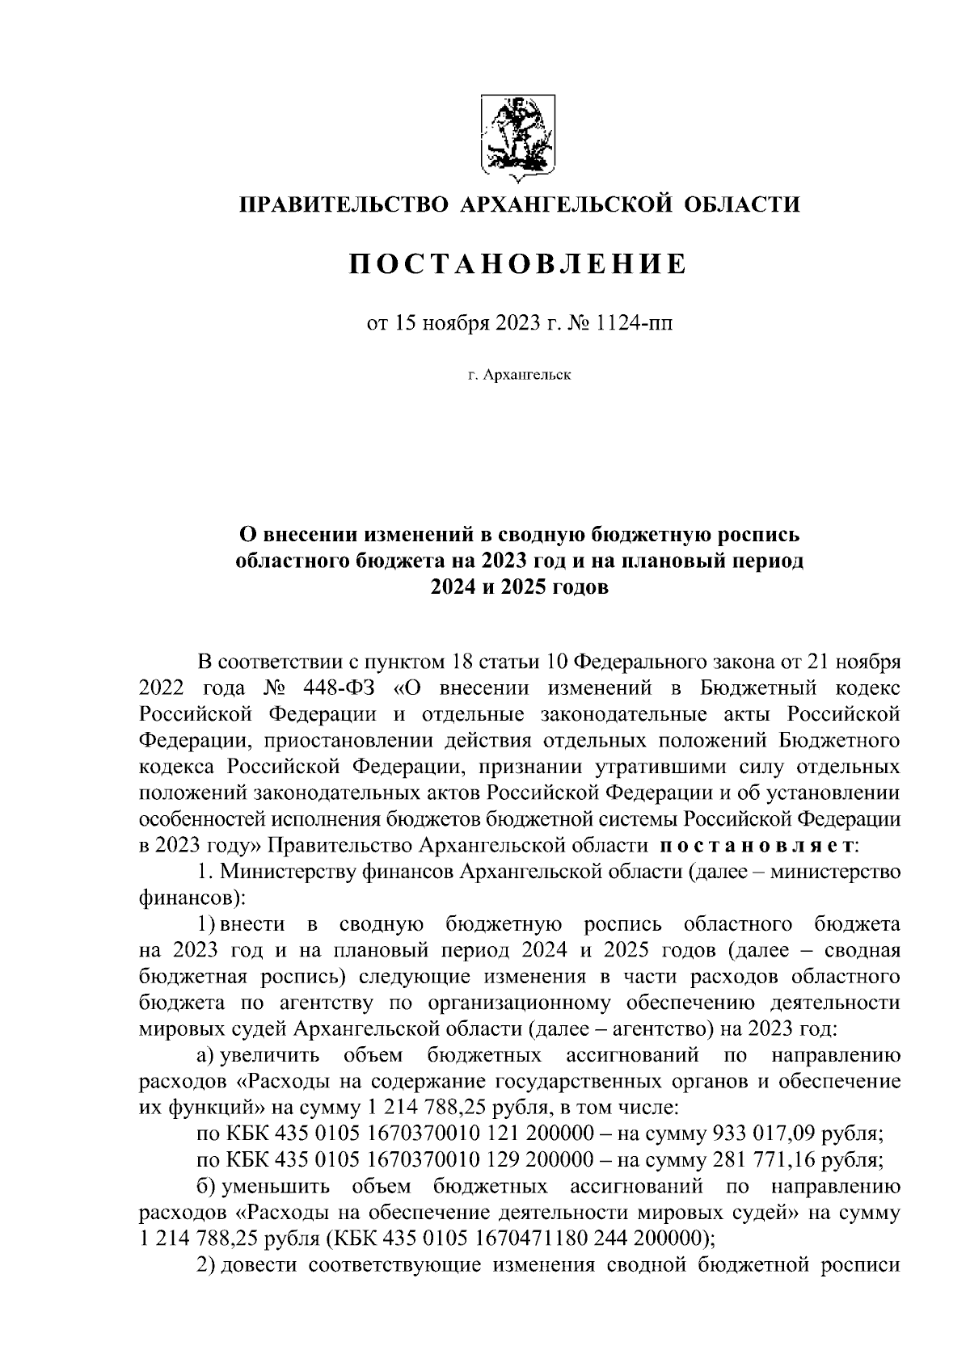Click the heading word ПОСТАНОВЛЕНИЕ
tap(517, 264)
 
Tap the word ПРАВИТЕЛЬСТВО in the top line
tap(343, 204)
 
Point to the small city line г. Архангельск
tap(518, 375)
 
